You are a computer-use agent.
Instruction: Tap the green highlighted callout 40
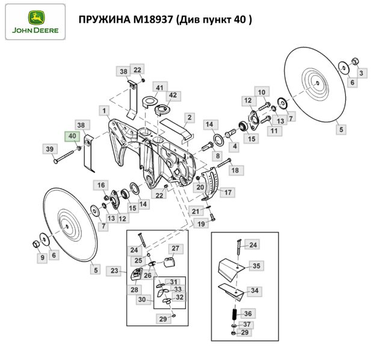(x=73, y=136)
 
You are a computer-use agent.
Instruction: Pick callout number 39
(x=50, y=148)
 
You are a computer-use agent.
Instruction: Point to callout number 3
(x=362, y=73)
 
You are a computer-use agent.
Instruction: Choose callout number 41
(x=159, y=88)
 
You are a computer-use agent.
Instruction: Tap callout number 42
(x=173, y=96)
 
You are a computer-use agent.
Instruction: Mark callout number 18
(x=234, y=171)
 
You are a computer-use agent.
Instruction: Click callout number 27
(x=175, y=248)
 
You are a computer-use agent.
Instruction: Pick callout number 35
(x=256, y=265)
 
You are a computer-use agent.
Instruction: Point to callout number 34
(x=254, y=290)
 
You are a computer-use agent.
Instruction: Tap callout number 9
(x=42, y=258)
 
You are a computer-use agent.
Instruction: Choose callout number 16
(x=102, y=185)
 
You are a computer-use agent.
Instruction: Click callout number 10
(x=261, y=91)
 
